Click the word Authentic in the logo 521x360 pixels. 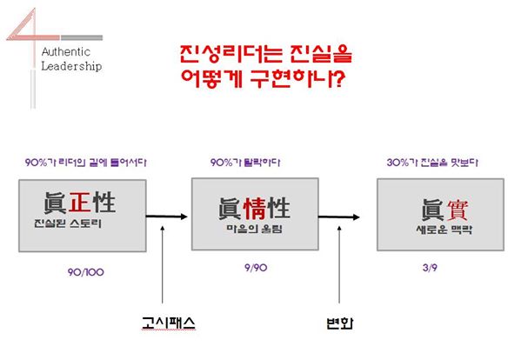(66, 52)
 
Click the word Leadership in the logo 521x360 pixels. (71, 66)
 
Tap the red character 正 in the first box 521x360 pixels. (80, 202)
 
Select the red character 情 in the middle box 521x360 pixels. (255, 208)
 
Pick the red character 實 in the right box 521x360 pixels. (458, 210)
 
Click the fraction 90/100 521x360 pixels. (86, 272)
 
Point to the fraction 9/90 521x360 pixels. (256, 268)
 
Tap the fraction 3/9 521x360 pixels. (430, 268)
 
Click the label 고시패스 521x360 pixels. (169, 323)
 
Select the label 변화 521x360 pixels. (339, 323)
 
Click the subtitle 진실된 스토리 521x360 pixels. (68, 223)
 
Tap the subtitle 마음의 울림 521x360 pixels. (255, 229)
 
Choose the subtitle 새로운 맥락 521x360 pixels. (444, 230)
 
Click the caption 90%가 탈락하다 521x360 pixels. (245, 163)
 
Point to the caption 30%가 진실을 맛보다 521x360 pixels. (432, 163)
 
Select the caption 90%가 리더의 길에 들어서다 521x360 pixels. (86, 163)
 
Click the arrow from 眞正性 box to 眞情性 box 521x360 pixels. (167, 217)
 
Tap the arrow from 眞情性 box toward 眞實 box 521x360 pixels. (339, 217)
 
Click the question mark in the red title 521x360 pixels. (339, 79)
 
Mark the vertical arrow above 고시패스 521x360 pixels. (162, 264)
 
